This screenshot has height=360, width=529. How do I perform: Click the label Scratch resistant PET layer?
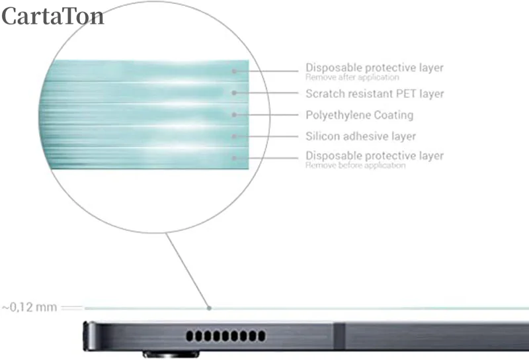(374, 94)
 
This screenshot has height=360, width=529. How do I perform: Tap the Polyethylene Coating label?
(359, 115)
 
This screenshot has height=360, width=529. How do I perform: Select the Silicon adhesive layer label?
(360, 136)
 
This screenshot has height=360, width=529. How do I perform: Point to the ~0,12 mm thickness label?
(29, 308)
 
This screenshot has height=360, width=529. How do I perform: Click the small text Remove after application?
(352, 77)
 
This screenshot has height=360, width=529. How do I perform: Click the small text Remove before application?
(355, 165)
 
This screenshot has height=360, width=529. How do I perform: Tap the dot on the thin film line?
(209, 308)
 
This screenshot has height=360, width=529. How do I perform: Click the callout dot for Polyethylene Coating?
(234, 114)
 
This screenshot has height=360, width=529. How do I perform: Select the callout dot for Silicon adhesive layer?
(234, 136)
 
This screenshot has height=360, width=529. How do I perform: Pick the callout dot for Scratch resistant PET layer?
(234, 93)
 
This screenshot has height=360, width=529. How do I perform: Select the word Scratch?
(323, 94)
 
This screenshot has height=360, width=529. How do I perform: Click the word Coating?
(393, 115)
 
